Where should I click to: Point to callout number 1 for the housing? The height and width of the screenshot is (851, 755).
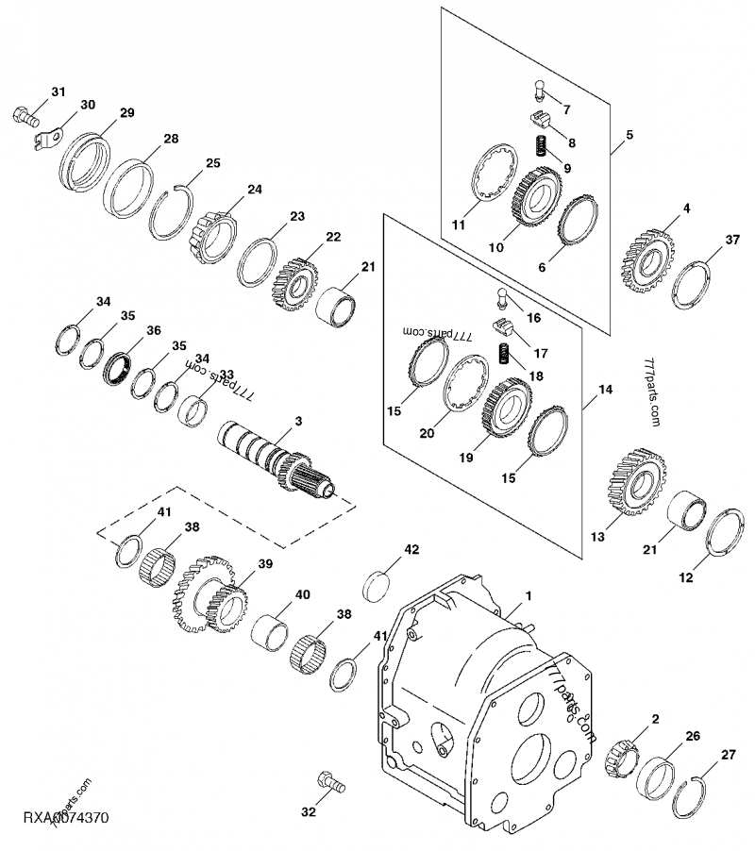tap(529, 595)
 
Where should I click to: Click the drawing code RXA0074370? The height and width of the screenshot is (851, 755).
tap(56, 817)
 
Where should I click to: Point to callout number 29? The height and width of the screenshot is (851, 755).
tap(126, 112)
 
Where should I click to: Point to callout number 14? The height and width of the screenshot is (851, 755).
tap(605, 389)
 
